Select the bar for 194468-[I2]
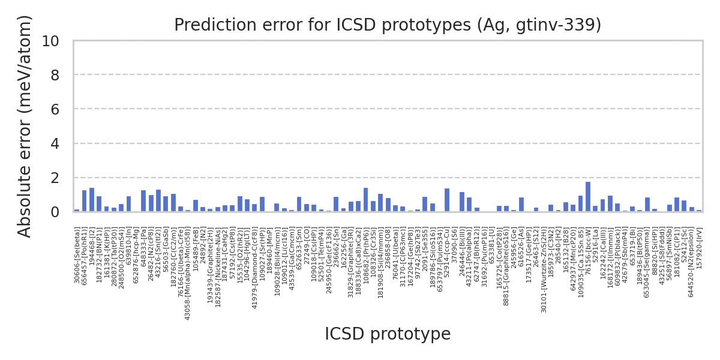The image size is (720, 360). click(92, 200)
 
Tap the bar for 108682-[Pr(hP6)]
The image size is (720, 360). click(365, 200)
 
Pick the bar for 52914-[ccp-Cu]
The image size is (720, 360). click(447, 200)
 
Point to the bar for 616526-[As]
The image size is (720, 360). click(521, 205)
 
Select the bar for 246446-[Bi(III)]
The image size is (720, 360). click(462, 202)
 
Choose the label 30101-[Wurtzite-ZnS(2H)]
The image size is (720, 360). click(544, 271)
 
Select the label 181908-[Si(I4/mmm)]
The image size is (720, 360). click(380, 263)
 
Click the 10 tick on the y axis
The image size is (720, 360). click(50, 41)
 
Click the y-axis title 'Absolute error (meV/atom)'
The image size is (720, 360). click(25, 126)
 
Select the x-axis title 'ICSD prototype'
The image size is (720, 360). click(388, 334)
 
